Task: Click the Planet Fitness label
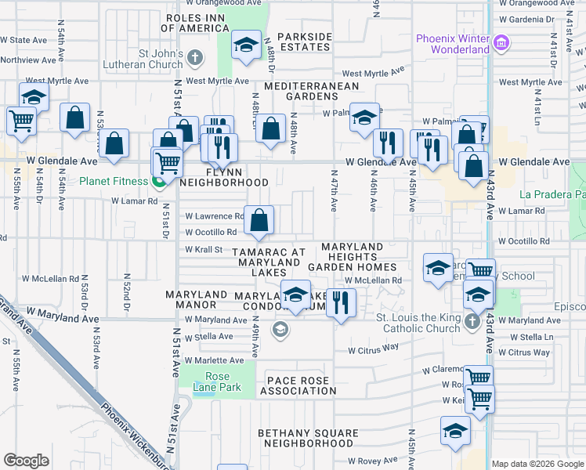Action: [114, 182]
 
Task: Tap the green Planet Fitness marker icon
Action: [157, 182]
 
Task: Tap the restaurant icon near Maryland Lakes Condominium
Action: [340, 302]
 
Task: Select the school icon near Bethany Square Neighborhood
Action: [454, 432]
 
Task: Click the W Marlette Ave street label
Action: [208, 360]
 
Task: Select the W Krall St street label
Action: [204, 249]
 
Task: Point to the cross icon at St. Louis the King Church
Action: [472, 322]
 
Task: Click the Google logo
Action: [27, 461]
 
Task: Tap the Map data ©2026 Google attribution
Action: [537, 464]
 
